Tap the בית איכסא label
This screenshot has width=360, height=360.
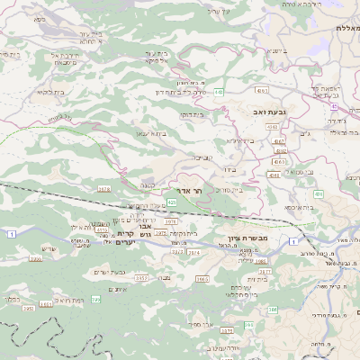pos(300,207)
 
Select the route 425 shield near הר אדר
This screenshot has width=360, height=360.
pos(171,202)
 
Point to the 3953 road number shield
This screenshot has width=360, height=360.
pos(141,279)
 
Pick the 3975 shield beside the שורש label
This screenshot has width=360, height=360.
pos(35,258)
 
